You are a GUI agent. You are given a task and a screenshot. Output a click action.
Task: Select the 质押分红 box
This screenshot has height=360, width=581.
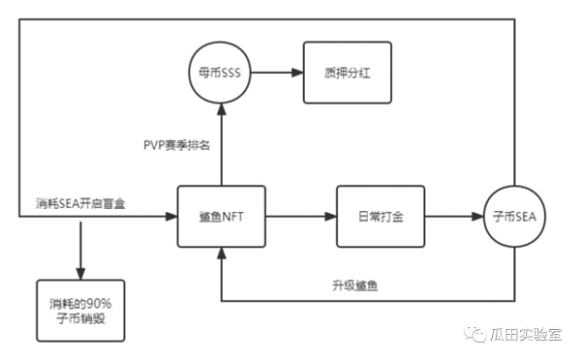[348, 73]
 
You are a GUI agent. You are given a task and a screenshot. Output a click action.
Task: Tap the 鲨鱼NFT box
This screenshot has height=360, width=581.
[222, 219]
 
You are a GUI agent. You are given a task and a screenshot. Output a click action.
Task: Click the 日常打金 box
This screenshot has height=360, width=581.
[375, 219]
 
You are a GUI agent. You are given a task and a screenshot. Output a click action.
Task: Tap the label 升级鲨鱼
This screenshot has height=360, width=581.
[353, 288]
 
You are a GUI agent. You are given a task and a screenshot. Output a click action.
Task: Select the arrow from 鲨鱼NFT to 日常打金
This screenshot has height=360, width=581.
[299, 219]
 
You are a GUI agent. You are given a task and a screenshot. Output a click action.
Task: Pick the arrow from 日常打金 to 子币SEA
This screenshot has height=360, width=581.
[454, 219]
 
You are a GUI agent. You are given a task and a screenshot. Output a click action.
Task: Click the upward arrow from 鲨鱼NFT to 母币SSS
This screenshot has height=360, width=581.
[222, 145]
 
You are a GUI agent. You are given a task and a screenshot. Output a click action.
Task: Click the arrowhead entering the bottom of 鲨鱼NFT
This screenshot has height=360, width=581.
[222, 254]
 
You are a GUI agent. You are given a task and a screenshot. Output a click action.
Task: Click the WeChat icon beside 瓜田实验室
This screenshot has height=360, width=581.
[477, 334]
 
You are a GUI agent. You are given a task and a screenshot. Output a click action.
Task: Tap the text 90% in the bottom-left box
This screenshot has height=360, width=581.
[99, 301]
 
